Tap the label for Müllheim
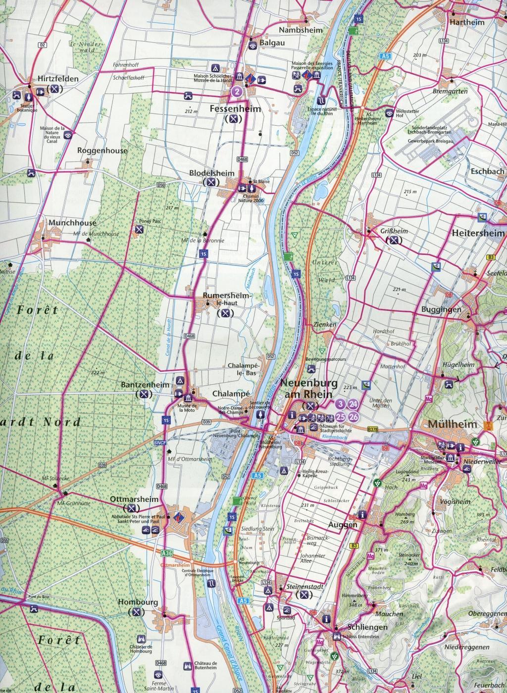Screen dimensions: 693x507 (446, 424)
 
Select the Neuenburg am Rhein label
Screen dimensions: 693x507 (309, 389)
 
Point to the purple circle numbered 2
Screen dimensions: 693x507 (238, 91)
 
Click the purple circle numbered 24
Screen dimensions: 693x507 (353, 404)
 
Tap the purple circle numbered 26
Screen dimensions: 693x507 (353, 417)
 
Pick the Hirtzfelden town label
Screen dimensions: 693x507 (52, 79)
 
